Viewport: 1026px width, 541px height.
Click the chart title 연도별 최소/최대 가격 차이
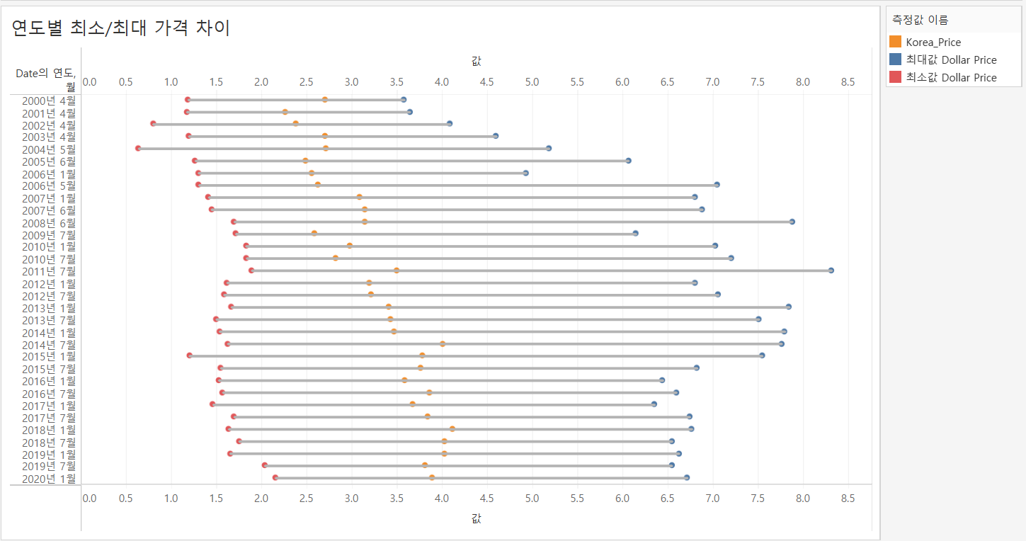(x=121, y=28)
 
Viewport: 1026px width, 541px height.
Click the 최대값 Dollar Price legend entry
(x=951, y=60)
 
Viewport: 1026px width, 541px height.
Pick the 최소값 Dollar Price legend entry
(x=951, y=78)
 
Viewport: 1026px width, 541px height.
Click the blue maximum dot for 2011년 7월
(x=831, y=270)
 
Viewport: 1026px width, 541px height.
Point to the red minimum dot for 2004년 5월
(x=138, y=149)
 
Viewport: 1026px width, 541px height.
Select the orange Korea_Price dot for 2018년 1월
(x=452, y=429)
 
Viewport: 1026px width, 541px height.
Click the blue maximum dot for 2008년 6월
(x=792, y=222)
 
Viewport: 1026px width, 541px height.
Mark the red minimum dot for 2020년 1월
(x=275, y=478)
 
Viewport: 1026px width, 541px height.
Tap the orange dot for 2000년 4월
(x=325, y=100)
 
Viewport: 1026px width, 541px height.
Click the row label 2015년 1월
(x=49, y=356)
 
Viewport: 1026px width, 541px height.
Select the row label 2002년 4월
(x=49, y=125)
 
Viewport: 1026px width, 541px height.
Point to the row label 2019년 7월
(x=49, y=466)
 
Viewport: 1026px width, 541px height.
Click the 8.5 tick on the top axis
(x=848, y=82)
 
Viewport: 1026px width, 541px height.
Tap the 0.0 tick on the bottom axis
(x=90, y=499)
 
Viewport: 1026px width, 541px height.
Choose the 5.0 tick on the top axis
(x=532, y=82)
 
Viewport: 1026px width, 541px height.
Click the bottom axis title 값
(x=476, y=519)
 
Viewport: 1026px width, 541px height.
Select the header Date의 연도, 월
(x=45, y=79)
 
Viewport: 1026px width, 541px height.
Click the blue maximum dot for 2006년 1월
(x=525, y=173)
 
